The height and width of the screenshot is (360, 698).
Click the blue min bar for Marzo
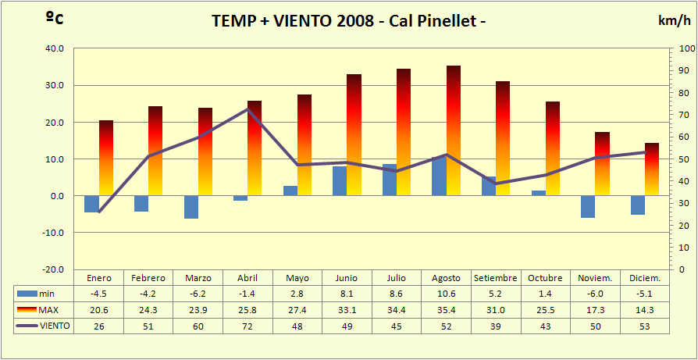(x=191, y=207)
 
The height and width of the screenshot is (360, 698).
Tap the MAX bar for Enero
(x=106, y=156)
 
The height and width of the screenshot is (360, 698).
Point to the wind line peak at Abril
(x=248, y=109)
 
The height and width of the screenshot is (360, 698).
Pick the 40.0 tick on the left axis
(x=54, y=48)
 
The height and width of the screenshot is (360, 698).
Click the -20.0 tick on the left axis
(x=52, y=269)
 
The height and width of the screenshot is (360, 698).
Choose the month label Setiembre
(x=495, y=278)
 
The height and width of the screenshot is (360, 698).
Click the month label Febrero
(x=148, y=278)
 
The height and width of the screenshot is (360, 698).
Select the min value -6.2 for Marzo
(x=198, y=293)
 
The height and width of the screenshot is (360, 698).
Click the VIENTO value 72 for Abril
(x=248, y=326)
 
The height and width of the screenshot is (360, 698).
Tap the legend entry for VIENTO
(x=45, y=326)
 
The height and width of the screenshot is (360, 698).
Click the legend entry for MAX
(x=45, y=310)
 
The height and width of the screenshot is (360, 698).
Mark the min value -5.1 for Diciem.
(x=644, y=293)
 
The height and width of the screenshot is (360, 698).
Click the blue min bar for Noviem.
(x=587, y=207)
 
